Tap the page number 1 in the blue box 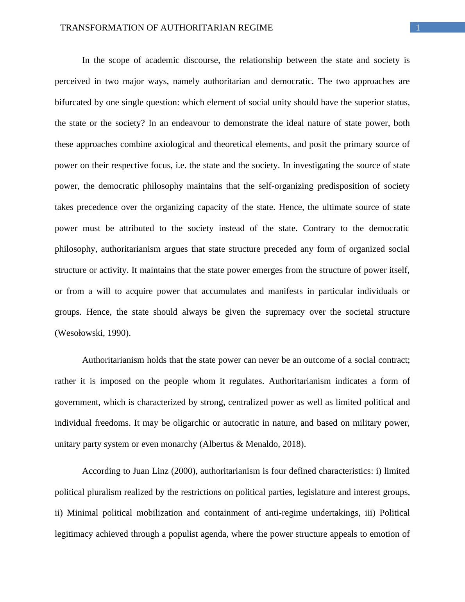click(418, 28)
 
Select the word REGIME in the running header click(258, 28)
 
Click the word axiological click(175, 144)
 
